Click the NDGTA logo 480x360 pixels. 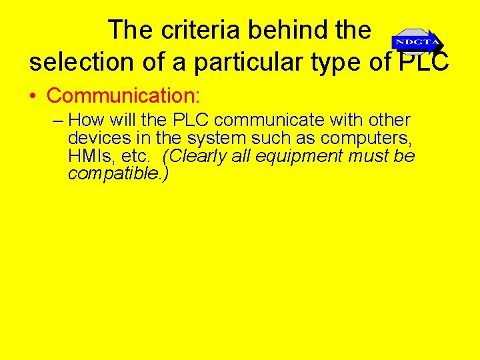click(x=417, y=42)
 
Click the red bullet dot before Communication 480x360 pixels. click(x=33, y=96)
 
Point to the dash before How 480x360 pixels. click(x=58, y=121)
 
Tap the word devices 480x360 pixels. click(x=93, y=139)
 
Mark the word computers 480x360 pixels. click(x=365, y=139)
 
